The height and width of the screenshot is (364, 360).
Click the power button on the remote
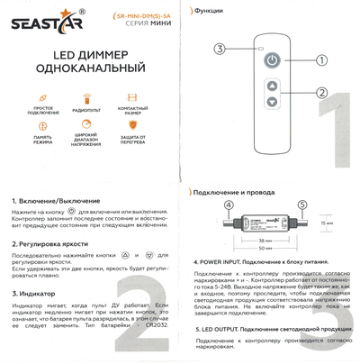[x=271, y=61]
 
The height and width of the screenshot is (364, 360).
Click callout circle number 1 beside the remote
[x=320, y=60]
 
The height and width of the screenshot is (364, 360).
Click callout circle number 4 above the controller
[x=229, y=205]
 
